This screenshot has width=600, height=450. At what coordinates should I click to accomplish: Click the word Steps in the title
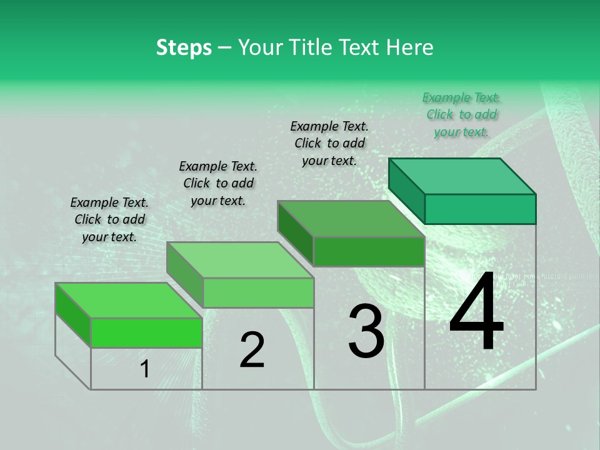(x=184, y=47)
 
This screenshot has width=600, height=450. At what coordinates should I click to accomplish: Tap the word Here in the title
(x=409, y=47)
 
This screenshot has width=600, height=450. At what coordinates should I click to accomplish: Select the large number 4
(x=476, y=314)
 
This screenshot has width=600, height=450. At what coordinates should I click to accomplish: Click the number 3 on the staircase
(x=366, y=331)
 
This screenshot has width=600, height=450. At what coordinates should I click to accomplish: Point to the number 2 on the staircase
(x=252, y=350)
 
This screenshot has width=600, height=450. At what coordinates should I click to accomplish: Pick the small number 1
(x=145, y=369)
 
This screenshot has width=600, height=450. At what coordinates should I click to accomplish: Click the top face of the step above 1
(x=129, y=300)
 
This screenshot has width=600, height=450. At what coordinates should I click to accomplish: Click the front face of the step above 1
(x=147, y=332)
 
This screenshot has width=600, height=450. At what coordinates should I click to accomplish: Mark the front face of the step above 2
(x=258, y=292)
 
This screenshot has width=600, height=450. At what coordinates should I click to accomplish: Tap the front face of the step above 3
(x=369, y=251)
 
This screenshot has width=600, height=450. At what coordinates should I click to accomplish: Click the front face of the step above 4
(x=480, y=209)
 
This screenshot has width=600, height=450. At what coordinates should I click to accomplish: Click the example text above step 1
(x=109, y=219)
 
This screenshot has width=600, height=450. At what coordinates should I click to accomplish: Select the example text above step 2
(x=218, y=183)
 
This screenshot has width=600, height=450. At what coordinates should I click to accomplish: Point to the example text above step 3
(x=329, y=143)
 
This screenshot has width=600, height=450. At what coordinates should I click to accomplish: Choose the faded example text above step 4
(x=461, y=114)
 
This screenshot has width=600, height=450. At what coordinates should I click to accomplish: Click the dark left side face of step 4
(x=406, y=190)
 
